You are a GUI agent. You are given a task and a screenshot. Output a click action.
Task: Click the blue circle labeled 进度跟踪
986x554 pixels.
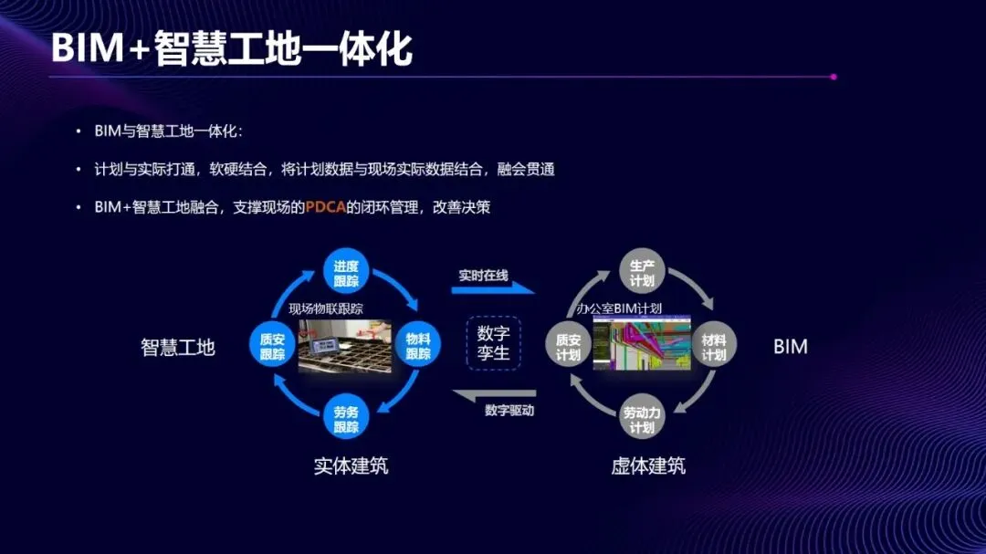(x=346, y=272)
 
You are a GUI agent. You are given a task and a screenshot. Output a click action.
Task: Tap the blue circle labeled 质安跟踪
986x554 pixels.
(x=272, y=346)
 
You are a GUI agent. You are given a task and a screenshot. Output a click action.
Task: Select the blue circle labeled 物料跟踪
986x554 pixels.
(x=418, y=346)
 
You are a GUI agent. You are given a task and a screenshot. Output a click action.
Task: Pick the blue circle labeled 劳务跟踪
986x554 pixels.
(x=346, y=419)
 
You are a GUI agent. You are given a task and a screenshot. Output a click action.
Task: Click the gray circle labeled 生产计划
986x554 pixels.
(x=642, y=272)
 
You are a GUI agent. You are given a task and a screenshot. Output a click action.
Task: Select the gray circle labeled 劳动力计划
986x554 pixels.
(x=642, y=420)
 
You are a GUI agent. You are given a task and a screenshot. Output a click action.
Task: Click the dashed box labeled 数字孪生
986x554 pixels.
(x=493, y=343)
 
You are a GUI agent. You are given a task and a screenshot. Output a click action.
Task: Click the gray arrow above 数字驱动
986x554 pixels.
(x=493, y=394)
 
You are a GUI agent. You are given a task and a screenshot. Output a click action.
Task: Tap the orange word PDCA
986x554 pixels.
(x=325, y=207)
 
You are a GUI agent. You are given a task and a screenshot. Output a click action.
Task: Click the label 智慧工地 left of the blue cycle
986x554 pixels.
(x=178, y=347)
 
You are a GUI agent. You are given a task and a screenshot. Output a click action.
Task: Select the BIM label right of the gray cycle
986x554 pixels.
(x=790, y=347)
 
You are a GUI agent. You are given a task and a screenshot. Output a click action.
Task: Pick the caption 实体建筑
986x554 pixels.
(x=351, y=465)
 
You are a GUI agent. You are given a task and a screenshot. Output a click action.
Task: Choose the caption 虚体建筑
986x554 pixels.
(x=648, y=465)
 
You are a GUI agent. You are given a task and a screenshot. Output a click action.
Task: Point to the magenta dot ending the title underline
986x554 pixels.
(x=834, y=77)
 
